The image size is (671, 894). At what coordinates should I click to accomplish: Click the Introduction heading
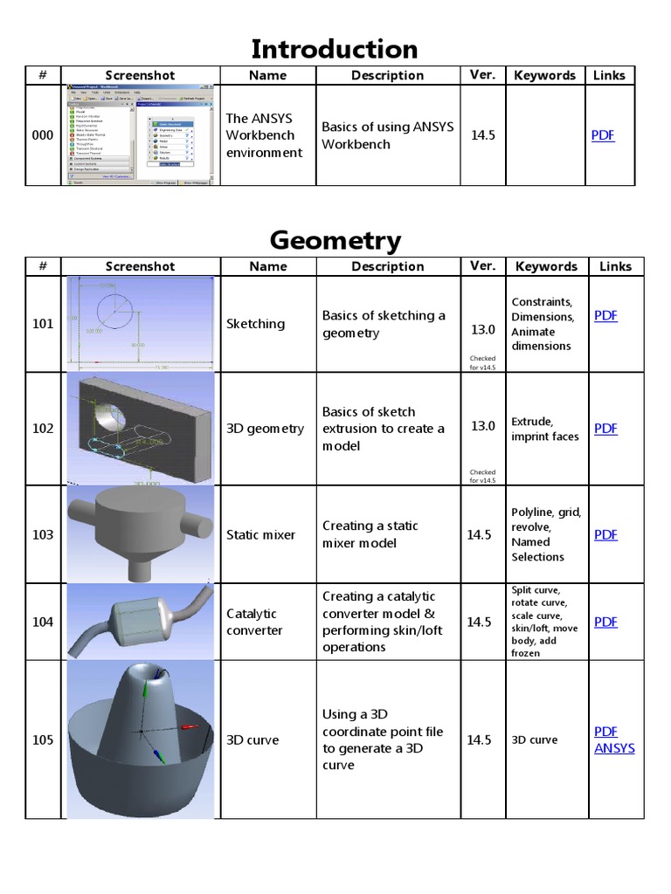[x=335, y=49]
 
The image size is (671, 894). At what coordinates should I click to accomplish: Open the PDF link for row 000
[x=603, y=135]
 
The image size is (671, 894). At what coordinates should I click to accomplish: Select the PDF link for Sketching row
[x=605, y=315]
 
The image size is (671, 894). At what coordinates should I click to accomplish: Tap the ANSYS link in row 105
[x=614, y=748]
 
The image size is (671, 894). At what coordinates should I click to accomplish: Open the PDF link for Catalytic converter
[x=605, y=622]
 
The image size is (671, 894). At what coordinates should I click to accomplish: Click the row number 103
[x=43, y=534]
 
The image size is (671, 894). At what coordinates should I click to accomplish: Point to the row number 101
[x=43, y=324]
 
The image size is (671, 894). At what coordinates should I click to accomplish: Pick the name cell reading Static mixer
[x=260, y=534]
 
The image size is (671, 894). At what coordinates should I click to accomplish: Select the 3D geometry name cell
[x=265, y=429]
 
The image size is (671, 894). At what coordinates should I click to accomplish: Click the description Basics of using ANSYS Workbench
[x=387, y=135]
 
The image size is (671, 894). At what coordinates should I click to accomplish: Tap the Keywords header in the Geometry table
[x=546, y=266]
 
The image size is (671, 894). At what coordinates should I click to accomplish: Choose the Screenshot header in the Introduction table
[x=140, y=76]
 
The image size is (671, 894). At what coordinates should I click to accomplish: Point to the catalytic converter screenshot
[x=140, y=621]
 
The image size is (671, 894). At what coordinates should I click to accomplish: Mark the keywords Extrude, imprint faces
[x=544, y=429]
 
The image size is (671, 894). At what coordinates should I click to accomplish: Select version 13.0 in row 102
[x=482, y=426]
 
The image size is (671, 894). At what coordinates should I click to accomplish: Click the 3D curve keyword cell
[x=534, y=739]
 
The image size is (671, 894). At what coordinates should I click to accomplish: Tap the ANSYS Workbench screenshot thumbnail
[x=140, y=134]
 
